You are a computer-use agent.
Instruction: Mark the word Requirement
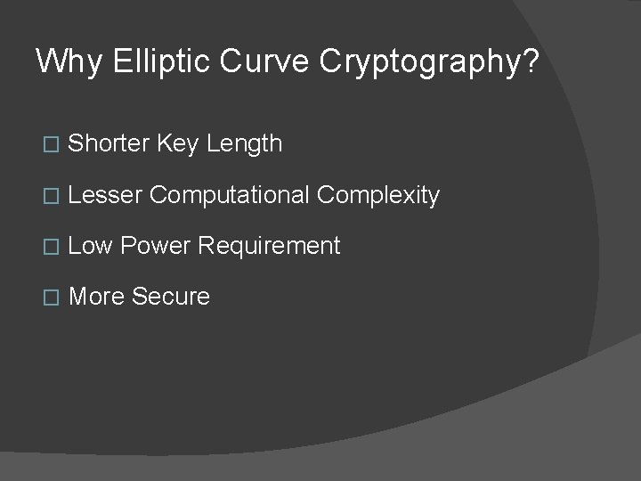269,247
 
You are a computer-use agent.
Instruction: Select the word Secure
170,297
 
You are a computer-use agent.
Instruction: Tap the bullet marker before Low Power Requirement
49,247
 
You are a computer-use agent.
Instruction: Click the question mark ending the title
531,62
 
